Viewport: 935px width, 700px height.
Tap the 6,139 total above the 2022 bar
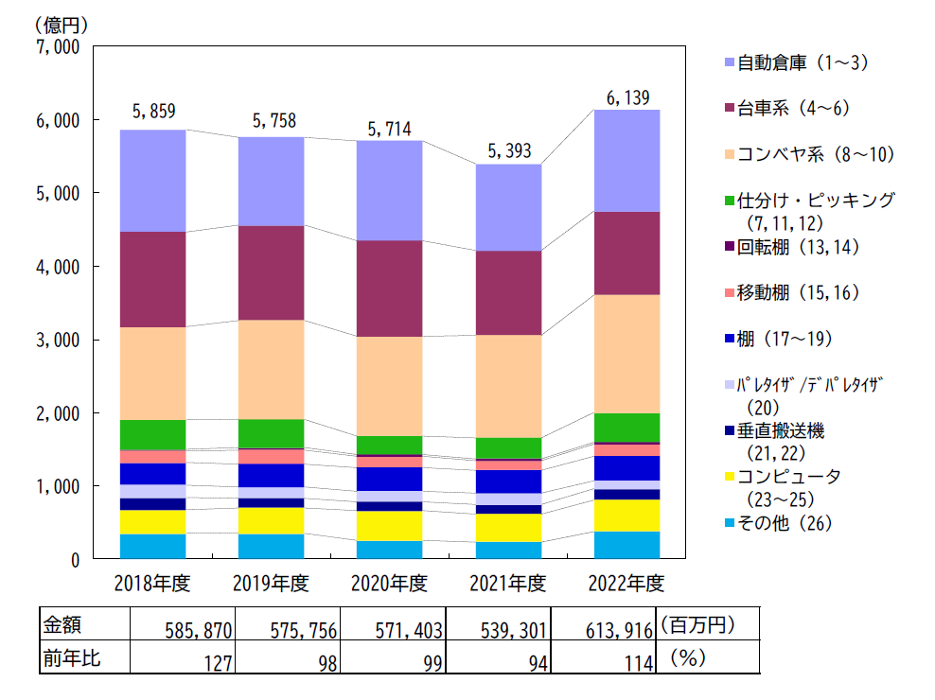point(627,97)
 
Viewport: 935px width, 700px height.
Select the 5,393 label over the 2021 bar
point(508,149)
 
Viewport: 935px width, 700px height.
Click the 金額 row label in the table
point(63,625)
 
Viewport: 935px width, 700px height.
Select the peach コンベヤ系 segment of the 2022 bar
point(627,354)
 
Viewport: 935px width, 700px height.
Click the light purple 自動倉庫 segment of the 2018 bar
point(153,180)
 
